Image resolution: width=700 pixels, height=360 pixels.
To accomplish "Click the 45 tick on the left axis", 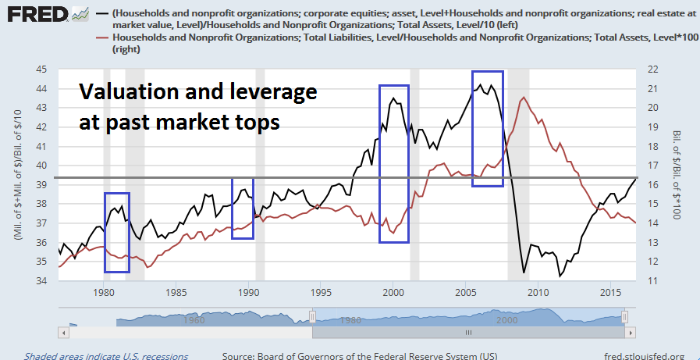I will pyautogui.click(x=39, y=70).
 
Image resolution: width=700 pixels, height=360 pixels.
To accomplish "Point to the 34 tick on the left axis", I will pyautogui.click(x=39, y=280).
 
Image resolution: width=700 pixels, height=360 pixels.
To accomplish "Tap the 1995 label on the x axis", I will pyautogui.click(x=321, y=292).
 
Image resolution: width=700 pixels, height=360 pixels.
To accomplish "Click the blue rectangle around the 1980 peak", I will pyautogui.click(x=117, y=232).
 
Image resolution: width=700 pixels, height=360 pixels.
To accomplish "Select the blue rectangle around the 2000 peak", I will pyautogui.click(x=394, y=163).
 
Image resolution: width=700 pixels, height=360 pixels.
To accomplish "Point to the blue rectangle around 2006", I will pyautogui.click(x=488, y=128).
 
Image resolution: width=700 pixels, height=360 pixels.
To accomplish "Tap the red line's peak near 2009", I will pyautogui.click(x=523, y=98).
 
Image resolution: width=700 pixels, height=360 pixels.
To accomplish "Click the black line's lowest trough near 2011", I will pyautogui.click(x=560, y=276).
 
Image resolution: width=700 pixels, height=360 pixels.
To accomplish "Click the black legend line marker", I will pyautogui.click(x=101, y=13).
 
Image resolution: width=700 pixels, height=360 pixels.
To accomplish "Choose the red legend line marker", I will pyautogui.click(x=101, y=37).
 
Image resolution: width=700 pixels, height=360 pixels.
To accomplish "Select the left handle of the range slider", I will pyautogui.click(x=312, y=315).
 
